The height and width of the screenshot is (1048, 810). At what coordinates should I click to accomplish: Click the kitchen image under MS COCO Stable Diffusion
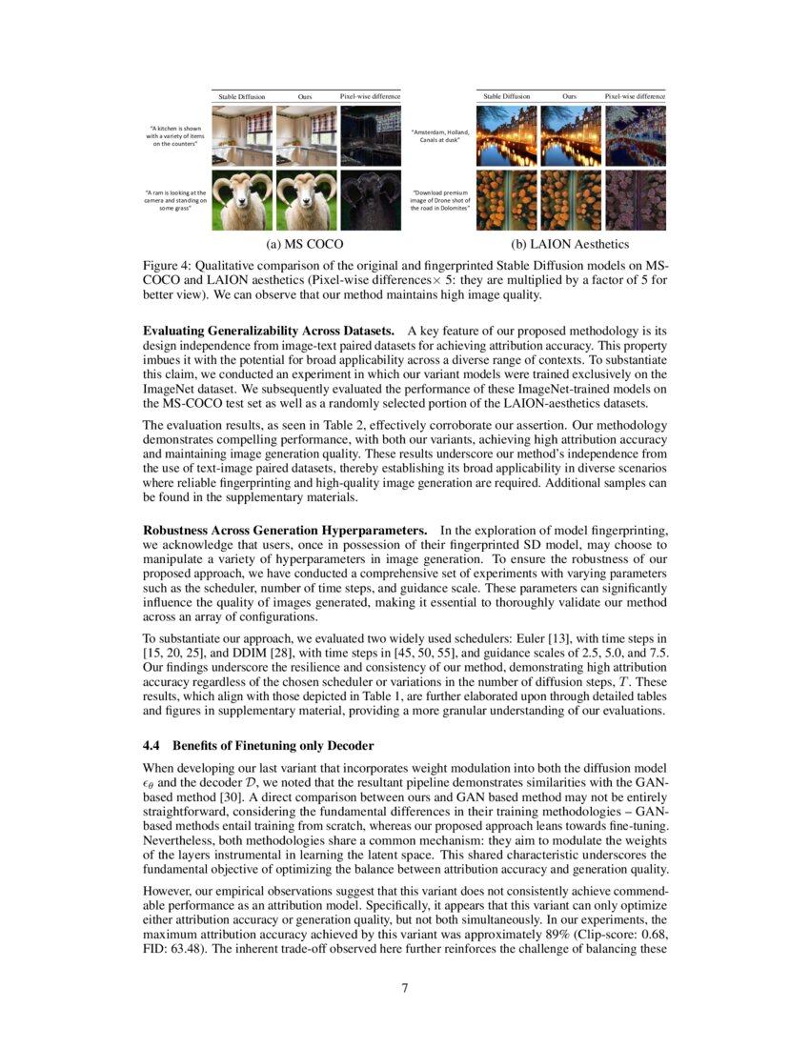[x=241, y=134]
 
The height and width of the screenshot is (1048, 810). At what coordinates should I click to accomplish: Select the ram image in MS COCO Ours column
[x=305, y=201]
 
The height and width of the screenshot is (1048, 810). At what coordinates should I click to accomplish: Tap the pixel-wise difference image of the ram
[x=370, y=201]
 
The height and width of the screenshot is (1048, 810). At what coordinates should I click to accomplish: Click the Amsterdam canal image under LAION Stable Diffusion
[x=506, y=134]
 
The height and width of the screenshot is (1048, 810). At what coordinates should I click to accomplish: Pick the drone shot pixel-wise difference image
[x=635, y=201]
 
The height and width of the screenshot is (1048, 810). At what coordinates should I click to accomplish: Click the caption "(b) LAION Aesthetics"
[x=570, y=244]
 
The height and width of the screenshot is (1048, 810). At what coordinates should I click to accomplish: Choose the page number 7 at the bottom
[x=405, y=988]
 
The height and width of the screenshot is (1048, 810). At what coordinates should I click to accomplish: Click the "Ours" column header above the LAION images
[x=570, y=96]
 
